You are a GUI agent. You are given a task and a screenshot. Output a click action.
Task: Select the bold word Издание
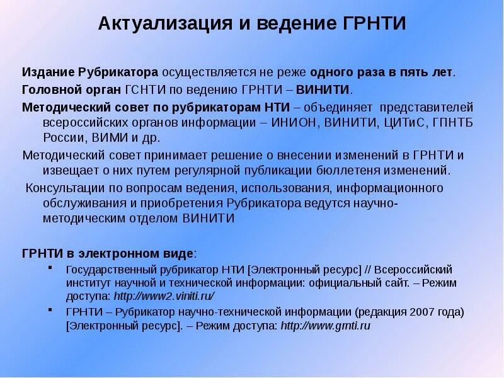49,72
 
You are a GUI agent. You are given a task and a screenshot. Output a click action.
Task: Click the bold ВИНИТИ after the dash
323,89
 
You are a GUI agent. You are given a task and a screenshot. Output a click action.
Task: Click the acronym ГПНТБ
454,122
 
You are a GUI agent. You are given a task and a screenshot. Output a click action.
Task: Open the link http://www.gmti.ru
325,326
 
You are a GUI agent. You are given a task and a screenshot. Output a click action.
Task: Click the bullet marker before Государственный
50,269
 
